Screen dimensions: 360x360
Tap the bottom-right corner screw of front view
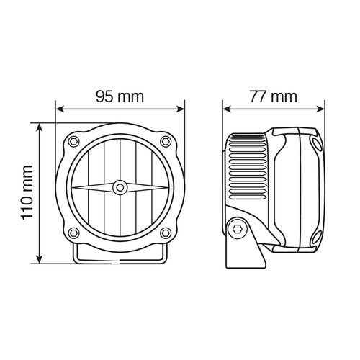tap(165, 233)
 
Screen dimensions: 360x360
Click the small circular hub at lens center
tap(119, 187)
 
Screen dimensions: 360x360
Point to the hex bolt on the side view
tap(237, 228)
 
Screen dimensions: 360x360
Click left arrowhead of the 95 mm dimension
tap(60, 110)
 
